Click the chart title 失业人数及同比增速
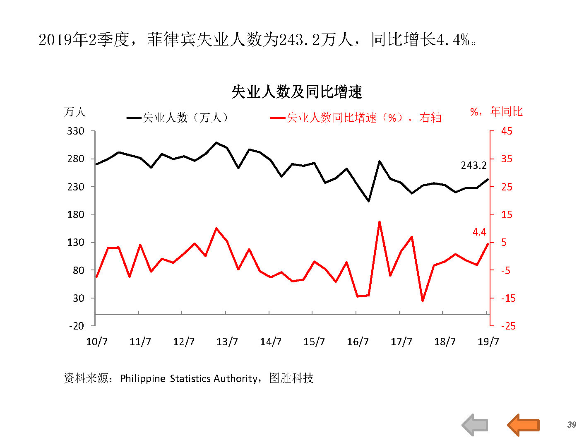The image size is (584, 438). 297,92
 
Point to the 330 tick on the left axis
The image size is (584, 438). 76,131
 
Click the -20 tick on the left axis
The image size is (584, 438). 77,326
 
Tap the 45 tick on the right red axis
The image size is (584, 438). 507,131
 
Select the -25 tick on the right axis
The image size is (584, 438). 508,326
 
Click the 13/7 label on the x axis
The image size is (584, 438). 227,342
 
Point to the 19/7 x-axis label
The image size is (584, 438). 488,342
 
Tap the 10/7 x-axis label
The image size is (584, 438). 97,342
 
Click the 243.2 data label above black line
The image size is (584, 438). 473,166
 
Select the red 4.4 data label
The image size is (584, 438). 479,232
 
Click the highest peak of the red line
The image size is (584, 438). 379,222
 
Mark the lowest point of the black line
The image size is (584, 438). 368,201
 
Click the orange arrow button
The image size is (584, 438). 524,425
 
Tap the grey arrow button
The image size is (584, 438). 475,425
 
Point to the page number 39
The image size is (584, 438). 572,425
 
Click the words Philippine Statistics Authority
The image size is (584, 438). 188,378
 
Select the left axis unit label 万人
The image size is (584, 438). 75,112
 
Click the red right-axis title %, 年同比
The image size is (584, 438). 496,111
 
